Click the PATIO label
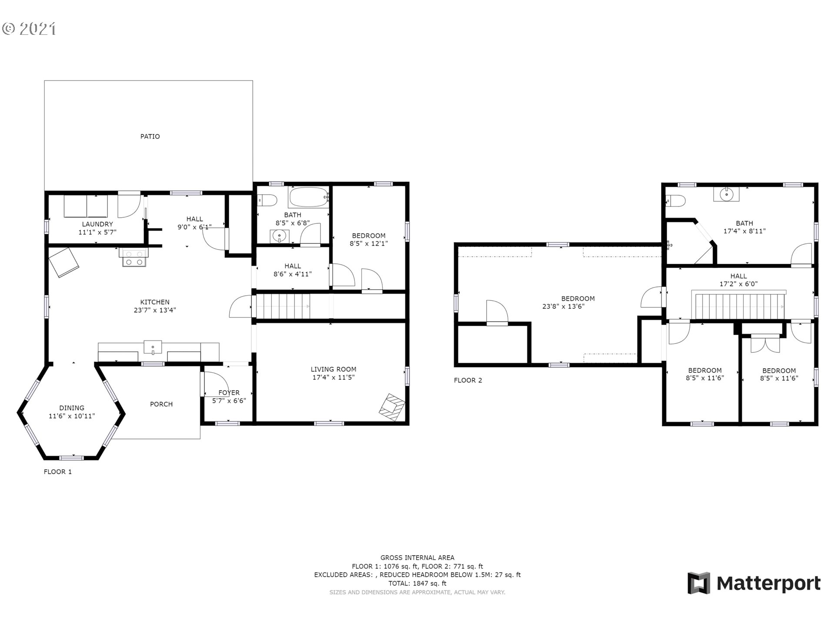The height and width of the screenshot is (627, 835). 150,137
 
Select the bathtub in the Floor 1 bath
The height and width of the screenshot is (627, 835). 308,198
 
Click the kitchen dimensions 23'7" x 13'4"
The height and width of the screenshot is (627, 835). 155,310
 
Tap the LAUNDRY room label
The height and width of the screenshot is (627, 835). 97,224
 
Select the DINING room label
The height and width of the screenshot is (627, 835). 72,408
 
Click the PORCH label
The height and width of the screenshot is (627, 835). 161,405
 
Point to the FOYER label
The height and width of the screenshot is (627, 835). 229,393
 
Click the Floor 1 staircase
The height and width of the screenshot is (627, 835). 283,307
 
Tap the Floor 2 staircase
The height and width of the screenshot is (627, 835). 739,307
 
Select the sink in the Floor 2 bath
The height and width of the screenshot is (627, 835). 726,194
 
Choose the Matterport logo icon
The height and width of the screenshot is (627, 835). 699,583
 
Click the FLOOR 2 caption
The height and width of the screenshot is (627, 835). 468,381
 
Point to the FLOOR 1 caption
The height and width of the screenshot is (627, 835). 58,472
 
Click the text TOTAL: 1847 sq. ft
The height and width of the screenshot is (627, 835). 417,583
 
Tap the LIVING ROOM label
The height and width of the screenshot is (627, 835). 334,370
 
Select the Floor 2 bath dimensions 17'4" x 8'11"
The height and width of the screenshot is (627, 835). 745,231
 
